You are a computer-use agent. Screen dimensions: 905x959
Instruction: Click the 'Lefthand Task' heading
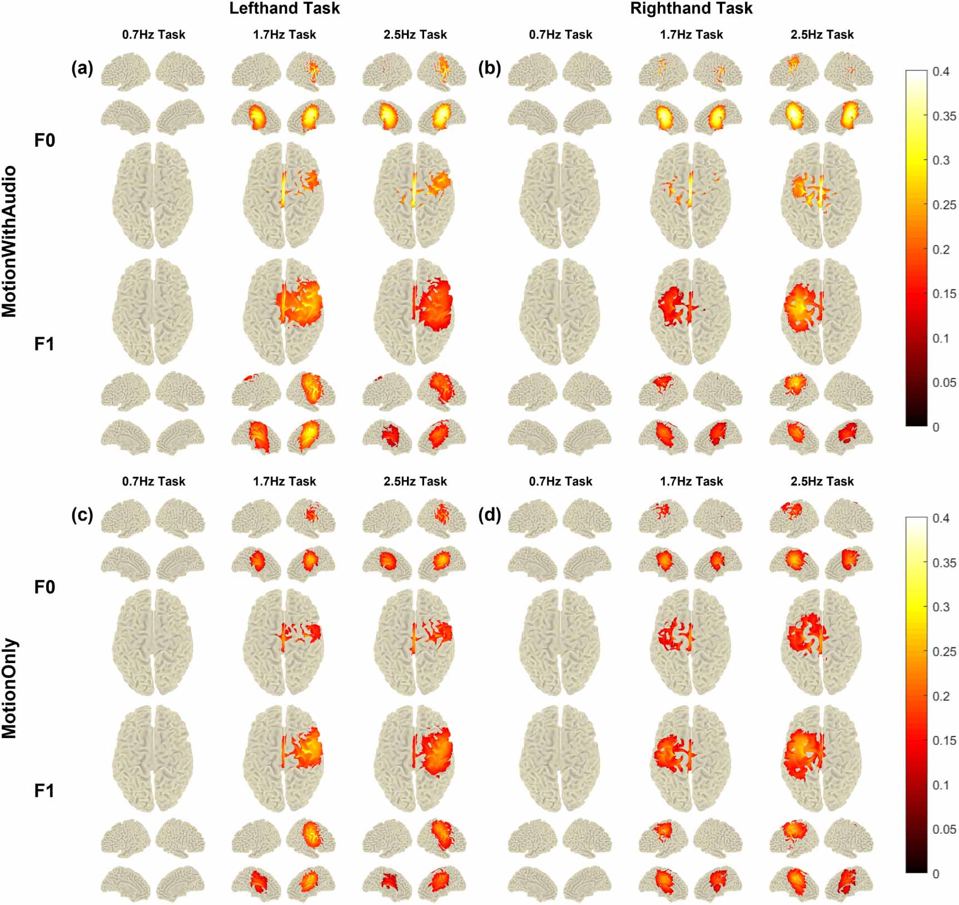coord(284,8)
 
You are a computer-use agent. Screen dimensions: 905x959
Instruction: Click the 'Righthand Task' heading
coord(691,8)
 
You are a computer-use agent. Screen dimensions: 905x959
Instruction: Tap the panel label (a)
coord(82,69)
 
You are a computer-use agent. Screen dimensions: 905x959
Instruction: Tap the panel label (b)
coord(489,69)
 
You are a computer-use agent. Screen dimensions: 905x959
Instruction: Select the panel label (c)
coord(82,515)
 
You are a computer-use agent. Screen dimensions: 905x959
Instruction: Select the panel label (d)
coord(489,515)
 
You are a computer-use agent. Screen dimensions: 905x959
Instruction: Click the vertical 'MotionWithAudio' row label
coord(9,241)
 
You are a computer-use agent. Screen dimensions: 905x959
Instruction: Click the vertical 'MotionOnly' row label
coord(9,688)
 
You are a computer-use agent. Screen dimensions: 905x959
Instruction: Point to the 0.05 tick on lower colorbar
coord(943,829)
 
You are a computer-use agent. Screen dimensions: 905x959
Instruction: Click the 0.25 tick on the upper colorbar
coord(943,205)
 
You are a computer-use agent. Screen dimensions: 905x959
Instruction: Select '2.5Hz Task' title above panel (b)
coord(822,34)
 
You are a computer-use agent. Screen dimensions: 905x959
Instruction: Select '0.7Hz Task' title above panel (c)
coord(153,481)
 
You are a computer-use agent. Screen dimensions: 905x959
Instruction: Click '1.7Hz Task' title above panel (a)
coord(284,34)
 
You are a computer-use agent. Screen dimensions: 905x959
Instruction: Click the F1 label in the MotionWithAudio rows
coord(44,344)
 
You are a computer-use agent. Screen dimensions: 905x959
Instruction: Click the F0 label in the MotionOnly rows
coord(44,587)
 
